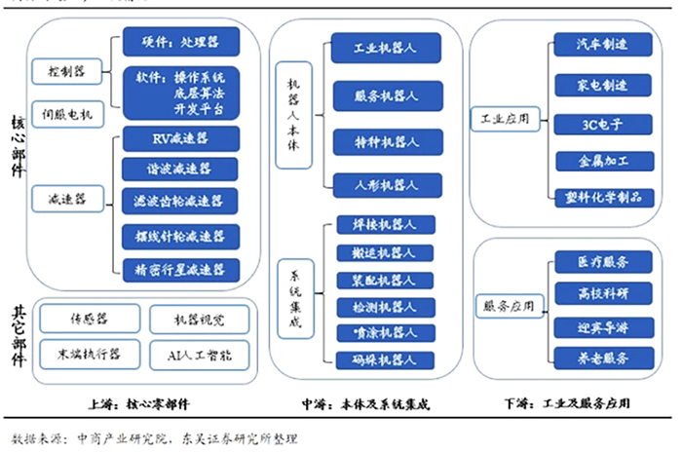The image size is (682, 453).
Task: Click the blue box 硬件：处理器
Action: pos(181,42)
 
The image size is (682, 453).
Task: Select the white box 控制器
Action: pos(65,71)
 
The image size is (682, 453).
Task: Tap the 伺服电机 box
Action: pos(66,114)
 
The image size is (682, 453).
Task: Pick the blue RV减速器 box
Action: pos(181,137)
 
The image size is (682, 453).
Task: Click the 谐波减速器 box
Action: pos(181,169)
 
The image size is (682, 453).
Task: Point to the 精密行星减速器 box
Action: pos(181,268)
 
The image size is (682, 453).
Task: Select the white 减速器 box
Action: pos(66,199)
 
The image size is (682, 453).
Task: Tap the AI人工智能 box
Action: pos(199,353)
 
